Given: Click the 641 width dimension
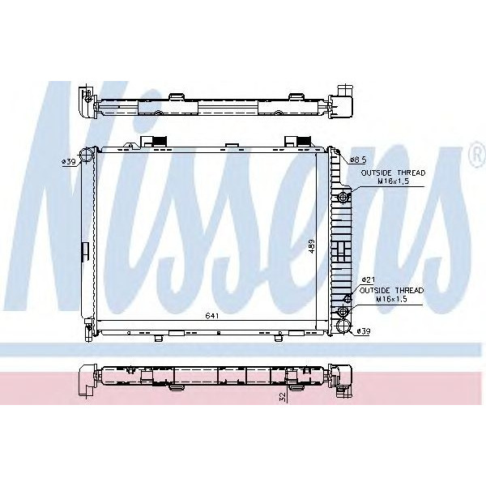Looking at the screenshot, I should tap(210, 315).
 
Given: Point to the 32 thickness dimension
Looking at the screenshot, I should tap(282, 398).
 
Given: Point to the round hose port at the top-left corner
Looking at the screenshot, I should tap(87, 155).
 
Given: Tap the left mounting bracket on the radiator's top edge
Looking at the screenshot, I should tap(156, 143).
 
